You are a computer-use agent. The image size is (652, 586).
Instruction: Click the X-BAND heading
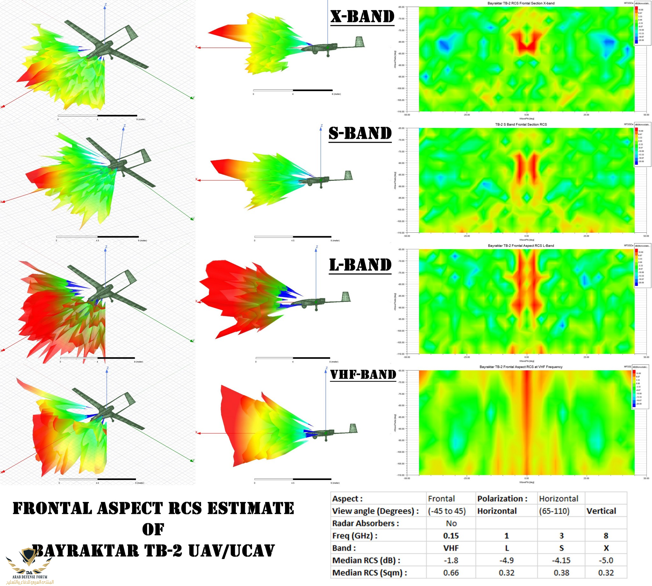[362, 17]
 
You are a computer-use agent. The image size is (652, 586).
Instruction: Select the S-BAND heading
[360, 133]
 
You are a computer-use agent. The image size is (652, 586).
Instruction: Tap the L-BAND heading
[360, 265]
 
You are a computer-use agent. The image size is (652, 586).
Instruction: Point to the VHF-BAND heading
[363, 374]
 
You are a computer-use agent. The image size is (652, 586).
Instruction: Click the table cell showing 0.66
[451, 573]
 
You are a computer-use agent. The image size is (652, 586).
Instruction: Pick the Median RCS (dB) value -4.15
[561, 560]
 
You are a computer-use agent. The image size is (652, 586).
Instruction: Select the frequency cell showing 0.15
[451, 536]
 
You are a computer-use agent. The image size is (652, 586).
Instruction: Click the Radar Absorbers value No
[451, 523]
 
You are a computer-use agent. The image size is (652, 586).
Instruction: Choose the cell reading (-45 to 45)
[447, 511]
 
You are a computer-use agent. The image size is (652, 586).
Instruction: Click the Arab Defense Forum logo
[30, 567]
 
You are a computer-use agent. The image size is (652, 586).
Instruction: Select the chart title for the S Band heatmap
[521, 124]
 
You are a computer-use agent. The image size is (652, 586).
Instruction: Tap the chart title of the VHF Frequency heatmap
[521, 367]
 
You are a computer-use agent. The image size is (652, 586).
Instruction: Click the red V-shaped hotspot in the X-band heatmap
[527, 44]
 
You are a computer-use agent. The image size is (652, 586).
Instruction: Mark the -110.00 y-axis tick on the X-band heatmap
[400, 111]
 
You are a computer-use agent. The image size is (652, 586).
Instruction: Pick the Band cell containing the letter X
[606, 548]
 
